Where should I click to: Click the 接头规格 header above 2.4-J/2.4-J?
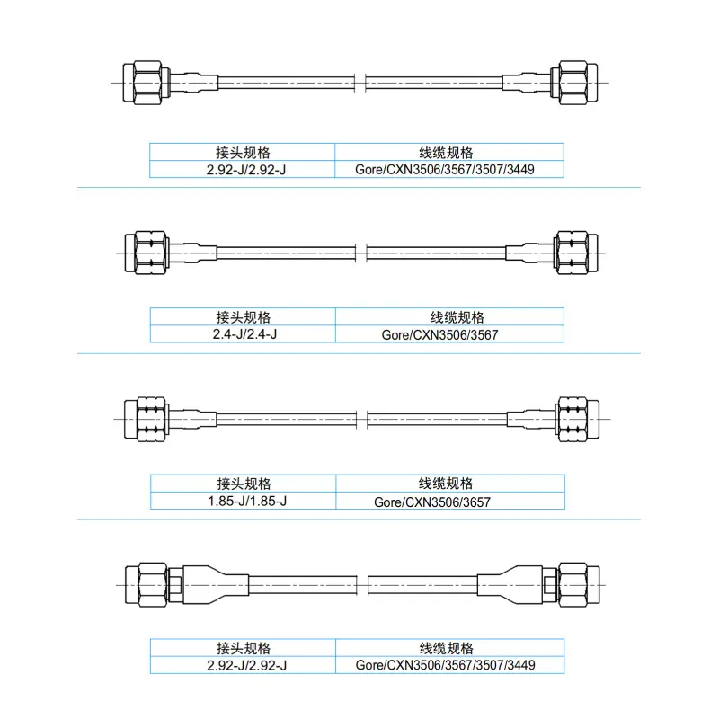(243, 317)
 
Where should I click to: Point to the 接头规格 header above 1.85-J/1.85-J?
(243, 484)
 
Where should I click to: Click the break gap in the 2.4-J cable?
(361, 253)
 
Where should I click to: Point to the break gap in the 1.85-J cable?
(362, 419)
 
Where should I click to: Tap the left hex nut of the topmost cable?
(146, 83)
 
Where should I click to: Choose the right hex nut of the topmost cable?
(574, 83)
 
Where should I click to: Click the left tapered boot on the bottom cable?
(216, 585)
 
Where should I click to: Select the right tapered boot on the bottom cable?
(510, 585)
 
